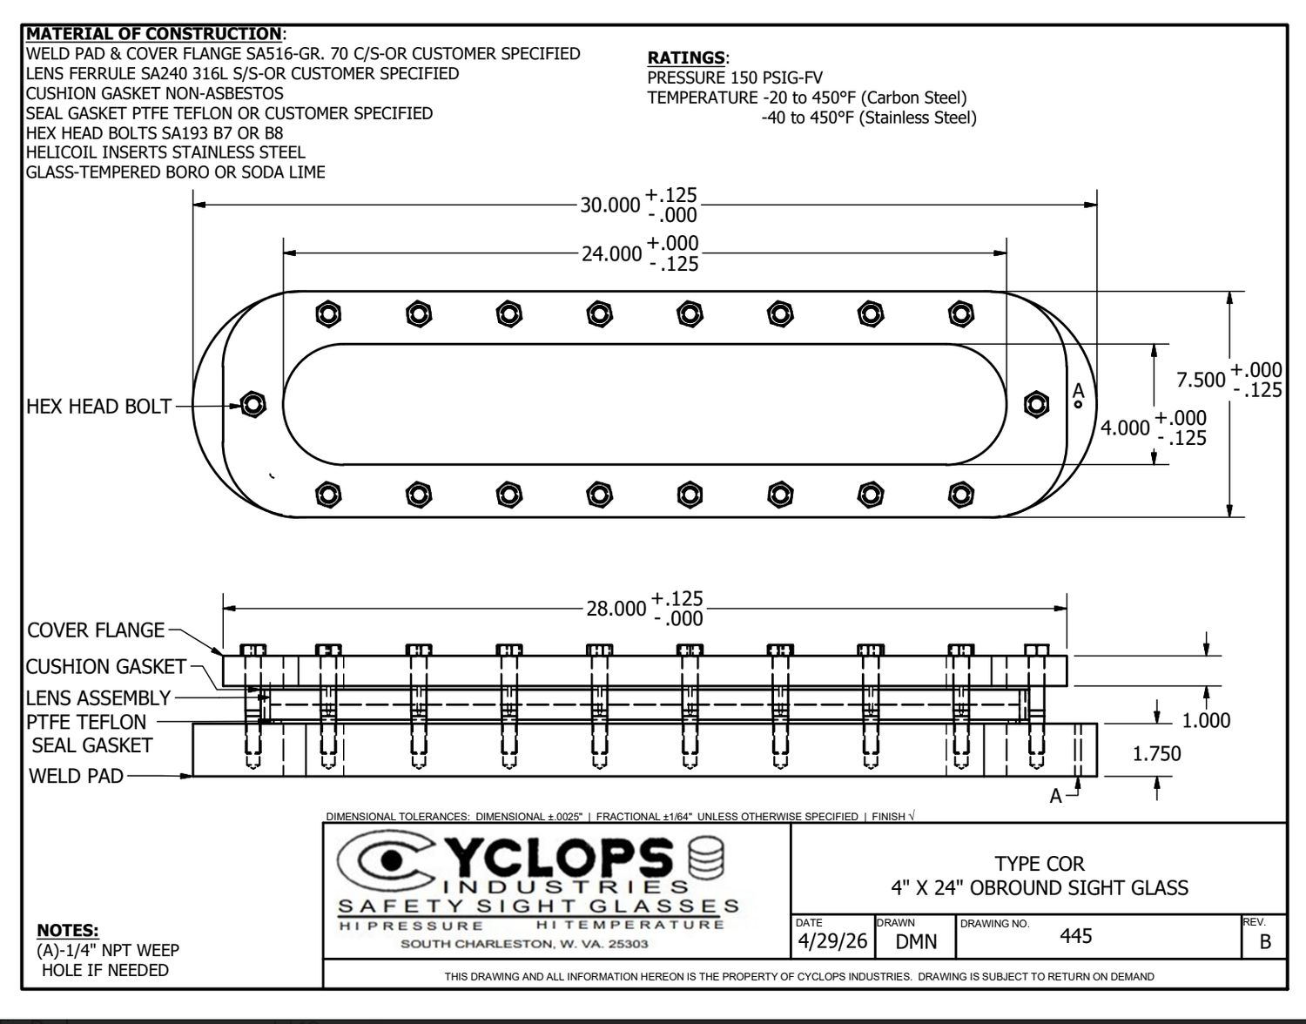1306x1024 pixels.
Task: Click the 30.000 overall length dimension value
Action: pos(609,205)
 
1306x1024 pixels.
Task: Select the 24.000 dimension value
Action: pos(611,253)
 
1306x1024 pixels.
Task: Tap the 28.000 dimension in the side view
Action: pos(616,609)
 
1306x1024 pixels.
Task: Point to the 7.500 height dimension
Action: pos(1201,380)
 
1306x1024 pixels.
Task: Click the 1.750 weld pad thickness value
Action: pos(1156,753)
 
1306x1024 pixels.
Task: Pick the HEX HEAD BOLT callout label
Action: pos(99,407)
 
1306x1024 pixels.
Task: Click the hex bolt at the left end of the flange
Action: pos(253,404)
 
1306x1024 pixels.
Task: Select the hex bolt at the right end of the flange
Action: pos(1036,404)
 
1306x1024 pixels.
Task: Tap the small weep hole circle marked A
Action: pos(1078,404)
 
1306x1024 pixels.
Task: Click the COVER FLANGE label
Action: pos(96,630)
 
